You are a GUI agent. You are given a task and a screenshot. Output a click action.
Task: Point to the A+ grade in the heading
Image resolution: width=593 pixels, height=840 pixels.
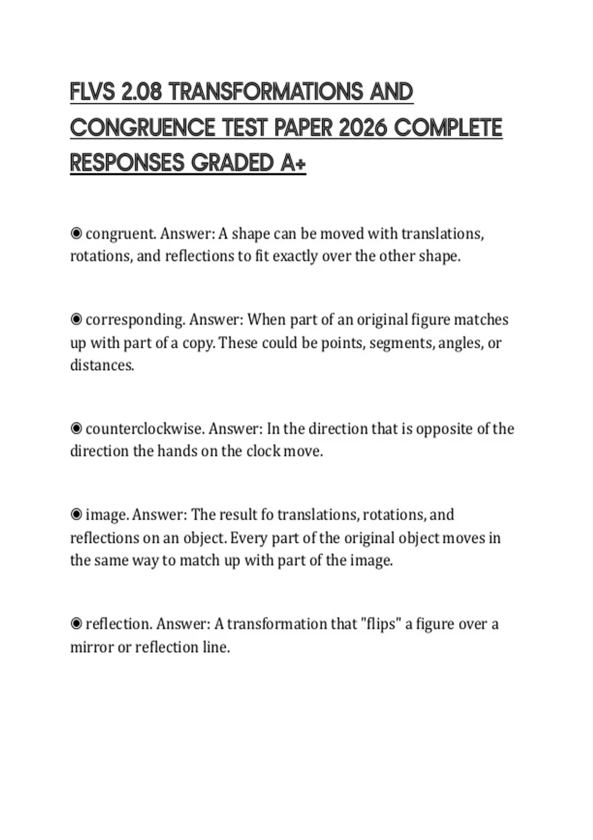[x=293, y=164]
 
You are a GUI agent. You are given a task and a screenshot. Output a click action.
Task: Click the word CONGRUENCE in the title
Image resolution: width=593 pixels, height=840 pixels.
[x=142, y=128]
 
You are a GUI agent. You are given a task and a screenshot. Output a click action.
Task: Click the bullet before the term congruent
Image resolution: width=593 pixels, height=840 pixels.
[x=76, y=233]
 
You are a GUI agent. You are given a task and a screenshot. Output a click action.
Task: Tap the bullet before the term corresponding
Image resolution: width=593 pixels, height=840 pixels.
[x=76, y=320]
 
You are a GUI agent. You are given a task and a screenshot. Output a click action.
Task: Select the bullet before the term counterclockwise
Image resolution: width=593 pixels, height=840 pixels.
[x=76, y=428]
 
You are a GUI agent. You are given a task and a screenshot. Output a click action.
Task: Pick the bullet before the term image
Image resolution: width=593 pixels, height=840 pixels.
[x=76, y=515]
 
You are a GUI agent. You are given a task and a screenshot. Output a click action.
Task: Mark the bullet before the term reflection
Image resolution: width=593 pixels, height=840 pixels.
[x=76, y=624]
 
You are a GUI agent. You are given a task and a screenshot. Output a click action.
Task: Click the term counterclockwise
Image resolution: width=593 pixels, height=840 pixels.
[x=144, y=428]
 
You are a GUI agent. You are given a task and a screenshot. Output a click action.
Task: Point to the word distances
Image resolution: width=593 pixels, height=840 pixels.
[x=102, y=365]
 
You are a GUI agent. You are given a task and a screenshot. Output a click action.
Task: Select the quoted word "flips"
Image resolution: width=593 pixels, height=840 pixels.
[x=381, y=624]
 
